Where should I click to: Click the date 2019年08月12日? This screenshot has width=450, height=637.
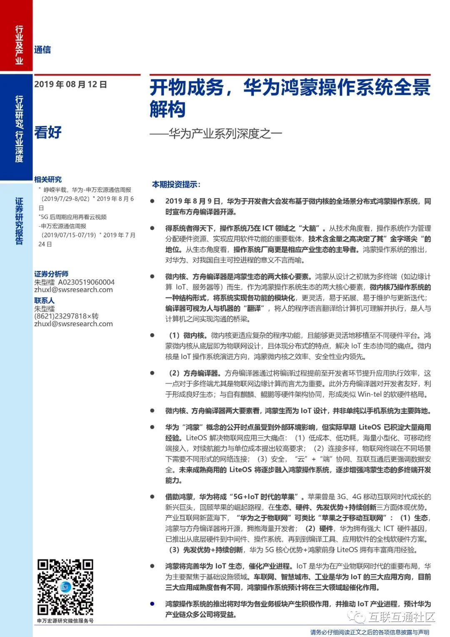[70, 84]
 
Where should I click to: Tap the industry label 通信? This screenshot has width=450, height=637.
[42, 50]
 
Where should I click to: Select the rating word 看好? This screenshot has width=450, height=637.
[48, 132]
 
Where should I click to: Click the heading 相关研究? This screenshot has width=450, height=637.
[48, 179]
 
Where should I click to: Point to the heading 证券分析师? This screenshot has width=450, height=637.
[51, 274]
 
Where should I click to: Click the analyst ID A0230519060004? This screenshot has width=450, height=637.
[86, 282]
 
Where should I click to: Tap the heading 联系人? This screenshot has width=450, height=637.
[44, 300]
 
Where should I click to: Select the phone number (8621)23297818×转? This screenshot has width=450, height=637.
[66, 316]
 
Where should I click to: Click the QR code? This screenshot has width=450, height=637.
[65, 587]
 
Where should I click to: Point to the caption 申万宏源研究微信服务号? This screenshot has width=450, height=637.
[65, 621]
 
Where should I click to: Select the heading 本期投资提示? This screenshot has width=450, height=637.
[176, 184]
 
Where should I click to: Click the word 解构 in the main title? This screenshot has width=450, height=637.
[167, 109]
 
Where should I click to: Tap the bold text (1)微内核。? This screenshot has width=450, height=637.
[188, 335]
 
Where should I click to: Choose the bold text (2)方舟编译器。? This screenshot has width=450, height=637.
[194, 373]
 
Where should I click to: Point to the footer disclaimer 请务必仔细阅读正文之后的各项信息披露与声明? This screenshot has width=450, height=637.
[370, 632]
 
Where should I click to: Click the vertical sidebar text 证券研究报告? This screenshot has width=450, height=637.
[19, 221]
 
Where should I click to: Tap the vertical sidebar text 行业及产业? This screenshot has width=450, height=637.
[19, 45]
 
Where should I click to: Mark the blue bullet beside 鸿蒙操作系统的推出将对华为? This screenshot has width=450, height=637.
[152, 604]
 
